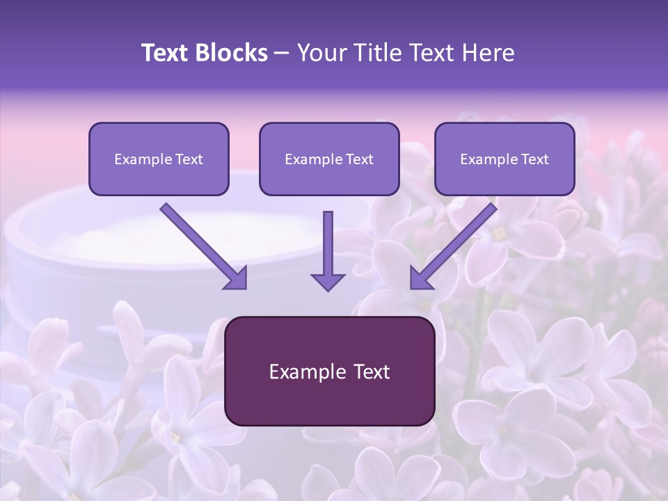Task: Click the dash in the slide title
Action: (x=282, y=54)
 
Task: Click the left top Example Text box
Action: (x=159, y=159)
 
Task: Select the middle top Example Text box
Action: (x=329, y=159)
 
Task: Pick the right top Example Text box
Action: (x=504, y=159)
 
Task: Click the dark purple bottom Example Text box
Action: (x=329, y=371)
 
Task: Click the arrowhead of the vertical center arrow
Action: (x=328, y=282)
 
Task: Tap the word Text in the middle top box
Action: (x=360, y=159)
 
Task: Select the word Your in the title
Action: (x=322, y=53)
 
